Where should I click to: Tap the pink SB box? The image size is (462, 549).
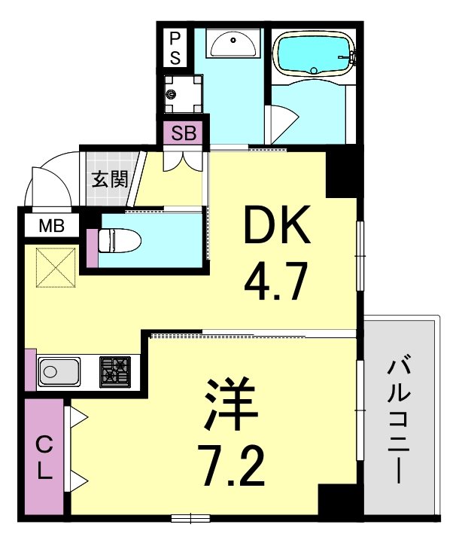(x=184, y=134)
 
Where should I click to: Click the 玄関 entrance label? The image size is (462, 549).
(x=108, y=179)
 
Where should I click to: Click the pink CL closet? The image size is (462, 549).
(x=44, y=458)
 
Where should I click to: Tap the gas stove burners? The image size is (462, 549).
(x=115, y=372)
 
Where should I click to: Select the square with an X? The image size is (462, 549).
(x=55, y=267)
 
